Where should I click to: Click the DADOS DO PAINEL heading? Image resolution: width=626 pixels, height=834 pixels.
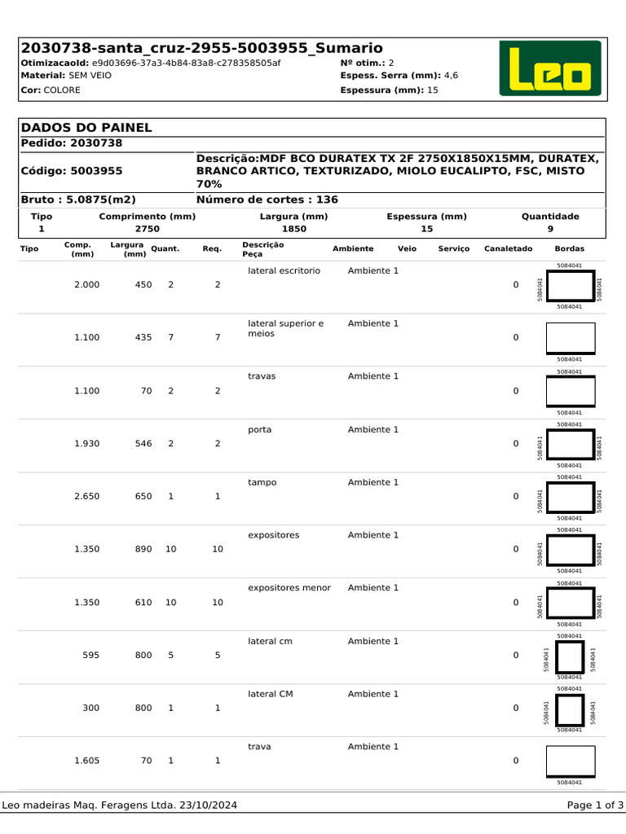point(86,128)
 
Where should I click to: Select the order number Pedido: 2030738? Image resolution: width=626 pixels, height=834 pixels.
point(71,143)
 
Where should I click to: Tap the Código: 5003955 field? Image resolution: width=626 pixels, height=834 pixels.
point(71,171)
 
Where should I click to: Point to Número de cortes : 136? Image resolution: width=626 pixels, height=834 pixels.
point(267,200)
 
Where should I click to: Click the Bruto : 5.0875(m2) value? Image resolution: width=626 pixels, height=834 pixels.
point(78,200)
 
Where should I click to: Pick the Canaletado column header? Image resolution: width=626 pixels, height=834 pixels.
point(508,248)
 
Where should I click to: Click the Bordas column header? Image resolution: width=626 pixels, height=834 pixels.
point(569,248)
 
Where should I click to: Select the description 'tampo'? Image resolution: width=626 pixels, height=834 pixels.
point(262,482)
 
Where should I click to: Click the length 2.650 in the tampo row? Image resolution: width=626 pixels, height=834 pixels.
point(86,496)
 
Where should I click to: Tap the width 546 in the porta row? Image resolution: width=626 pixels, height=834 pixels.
point(143,443)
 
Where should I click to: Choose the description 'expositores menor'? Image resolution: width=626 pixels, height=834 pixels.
point(289,588)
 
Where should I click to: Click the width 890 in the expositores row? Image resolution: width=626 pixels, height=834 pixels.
point(143,549)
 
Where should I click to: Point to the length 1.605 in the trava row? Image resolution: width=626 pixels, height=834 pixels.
point(86,761)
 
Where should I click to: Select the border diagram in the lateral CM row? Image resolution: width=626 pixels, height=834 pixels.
point(570,709)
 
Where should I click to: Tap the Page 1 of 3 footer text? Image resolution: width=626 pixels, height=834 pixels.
point(595,805)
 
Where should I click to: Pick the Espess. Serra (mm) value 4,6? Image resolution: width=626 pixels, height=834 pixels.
point(450,75)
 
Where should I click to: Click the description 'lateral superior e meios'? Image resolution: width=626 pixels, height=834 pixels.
point(285,328)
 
